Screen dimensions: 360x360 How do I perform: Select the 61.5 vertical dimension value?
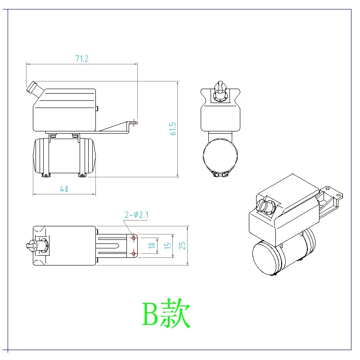click(x=173, y=130)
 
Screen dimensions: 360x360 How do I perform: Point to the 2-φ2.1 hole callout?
click(x=137, y=215)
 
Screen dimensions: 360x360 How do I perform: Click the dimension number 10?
click(x=152, y=245)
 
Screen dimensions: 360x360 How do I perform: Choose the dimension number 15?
click(x=167, y=246)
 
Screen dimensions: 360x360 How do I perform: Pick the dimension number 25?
click(x=183, y=246)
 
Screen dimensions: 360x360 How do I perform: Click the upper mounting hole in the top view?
click(x=134, y=237)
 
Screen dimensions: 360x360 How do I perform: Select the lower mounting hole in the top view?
click(x=134, y=254)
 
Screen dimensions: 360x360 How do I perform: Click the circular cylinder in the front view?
click(x=220, y=156)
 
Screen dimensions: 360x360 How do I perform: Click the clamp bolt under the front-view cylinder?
click(x=220, y=175)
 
